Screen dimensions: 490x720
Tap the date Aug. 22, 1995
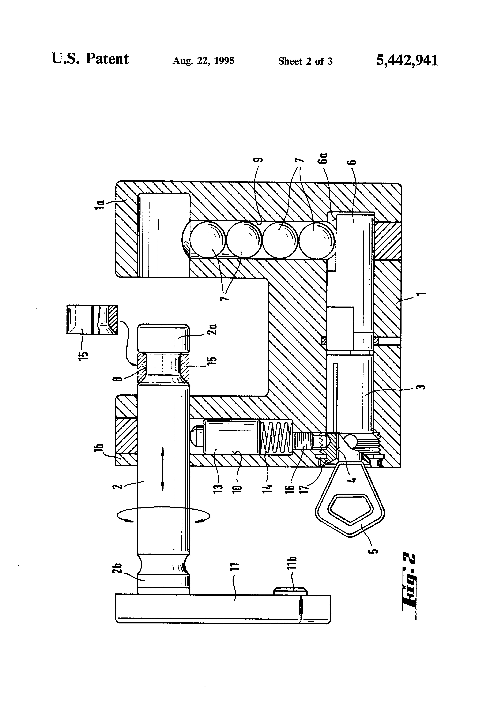(204, 61)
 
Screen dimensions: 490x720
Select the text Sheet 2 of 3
(305, 61)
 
